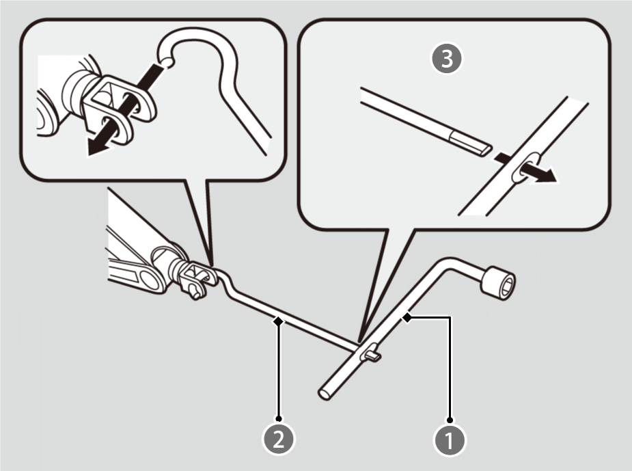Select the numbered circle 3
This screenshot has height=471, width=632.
[448, 59]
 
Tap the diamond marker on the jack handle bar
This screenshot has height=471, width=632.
[278, 319]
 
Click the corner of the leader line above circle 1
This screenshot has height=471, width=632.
[450, 317]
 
